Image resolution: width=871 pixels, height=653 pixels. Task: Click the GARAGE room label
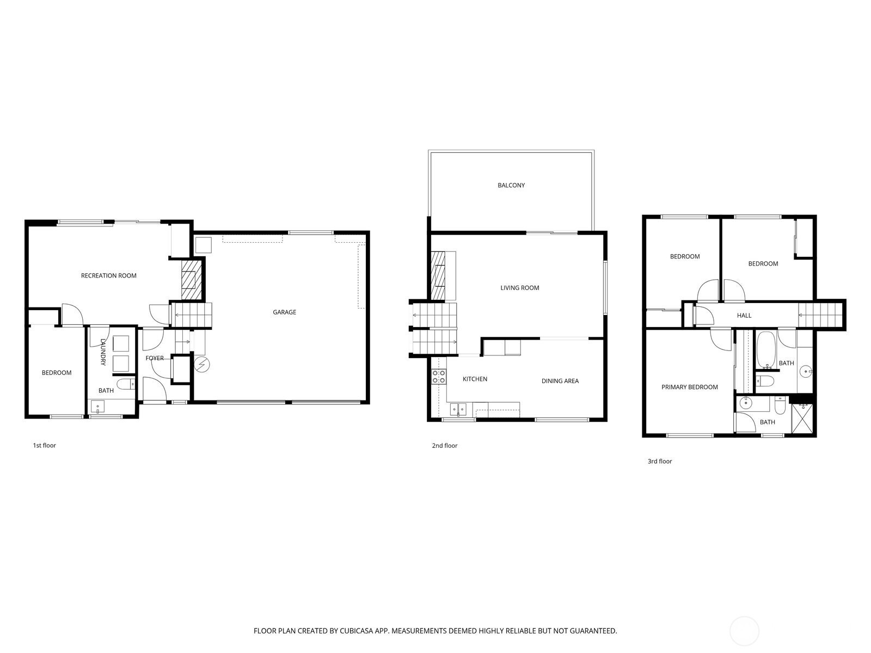[x=284, y=312]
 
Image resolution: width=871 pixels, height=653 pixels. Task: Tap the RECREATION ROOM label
[x=109, y=275]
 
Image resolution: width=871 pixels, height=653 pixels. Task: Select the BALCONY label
[x=511, y=185]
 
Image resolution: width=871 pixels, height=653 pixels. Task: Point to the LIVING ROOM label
[x=519, y=288]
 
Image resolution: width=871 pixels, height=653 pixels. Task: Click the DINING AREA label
[x=560, y=381]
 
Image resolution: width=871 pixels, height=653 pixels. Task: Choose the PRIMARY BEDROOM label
[x=689, y=387]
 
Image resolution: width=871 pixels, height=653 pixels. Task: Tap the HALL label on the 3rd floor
[x=744, y=316]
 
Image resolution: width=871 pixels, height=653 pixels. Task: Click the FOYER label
[x=155, y=358]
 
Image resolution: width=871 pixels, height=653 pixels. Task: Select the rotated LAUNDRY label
[x=103, y=352]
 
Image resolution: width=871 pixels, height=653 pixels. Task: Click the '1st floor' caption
[x=45, y=445]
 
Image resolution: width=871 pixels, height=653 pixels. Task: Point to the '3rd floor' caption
[x=659, y=461]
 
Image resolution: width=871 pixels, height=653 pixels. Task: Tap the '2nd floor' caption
[x=444, y=446]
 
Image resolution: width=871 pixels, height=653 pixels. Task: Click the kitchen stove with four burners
[x=439, y=377]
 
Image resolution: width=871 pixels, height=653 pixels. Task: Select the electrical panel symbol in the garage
[x=203, y=364]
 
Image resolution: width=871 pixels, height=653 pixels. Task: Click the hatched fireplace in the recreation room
[x=191, y=280]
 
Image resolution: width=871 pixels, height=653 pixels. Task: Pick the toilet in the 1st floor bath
[x=126, y=384]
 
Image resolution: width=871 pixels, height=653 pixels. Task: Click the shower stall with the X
[x=802, y=418]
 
